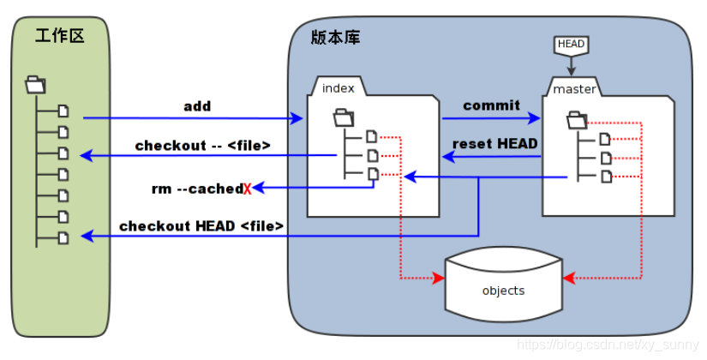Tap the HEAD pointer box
click(x=572, y=44)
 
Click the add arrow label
click(x=197, y=106)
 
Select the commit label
click(x=491, y=105)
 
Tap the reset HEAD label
click(x=494, y=144)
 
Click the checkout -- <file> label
click(x=202, y=146)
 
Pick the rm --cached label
click(x=196, y=189)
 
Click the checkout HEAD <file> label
click(x=201, y=226)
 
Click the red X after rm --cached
click(x=247, y=189)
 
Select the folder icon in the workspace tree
click(x=36, y=84)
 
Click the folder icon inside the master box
click(x=577, y=119)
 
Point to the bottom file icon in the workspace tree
click(x=63, y=236)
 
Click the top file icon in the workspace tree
click(x=63, y=111)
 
